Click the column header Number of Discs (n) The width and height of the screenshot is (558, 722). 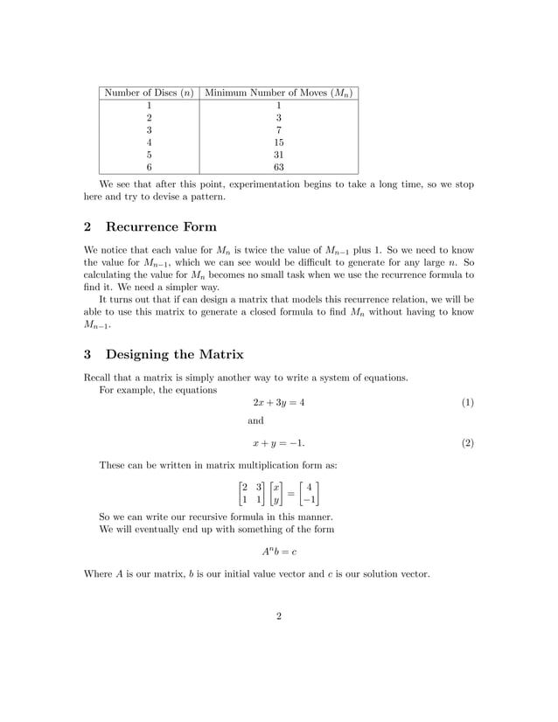click(149, 94)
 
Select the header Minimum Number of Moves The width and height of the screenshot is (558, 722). click(279, 94)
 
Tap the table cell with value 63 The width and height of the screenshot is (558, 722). click(279, 168)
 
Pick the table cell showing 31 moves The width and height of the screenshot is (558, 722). click(279, 155)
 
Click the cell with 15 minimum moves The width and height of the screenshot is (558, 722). click(279, 142)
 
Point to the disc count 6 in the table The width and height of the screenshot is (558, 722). click(149, 168)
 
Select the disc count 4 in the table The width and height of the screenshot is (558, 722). click(149, 142)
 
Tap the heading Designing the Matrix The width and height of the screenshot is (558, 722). click(174, 354)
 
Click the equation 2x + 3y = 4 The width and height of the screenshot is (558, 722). click(279, 403)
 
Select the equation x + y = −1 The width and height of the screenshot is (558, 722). click(279, 443)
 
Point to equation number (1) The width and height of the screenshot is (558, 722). click(467, 403)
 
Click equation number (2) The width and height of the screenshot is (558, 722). click(467, 443)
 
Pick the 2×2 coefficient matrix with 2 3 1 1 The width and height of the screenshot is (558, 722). click(253, 492)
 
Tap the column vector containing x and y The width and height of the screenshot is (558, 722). click(277, 492)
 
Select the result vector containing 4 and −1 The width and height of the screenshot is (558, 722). click(306, 492)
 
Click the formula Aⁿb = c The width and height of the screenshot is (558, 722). click(279, 552)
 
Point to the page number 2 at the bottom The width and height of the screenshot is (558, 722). click(279, 617)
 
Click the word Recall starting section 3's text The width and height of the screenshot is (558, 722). click(98, 378)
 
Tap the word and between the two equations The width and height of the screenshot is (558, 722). click(255, 420)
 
